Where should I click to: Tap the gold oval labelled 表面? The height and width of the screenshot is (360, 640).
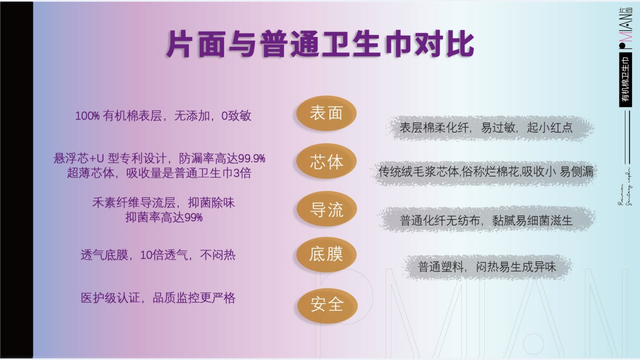[x=326, y=113]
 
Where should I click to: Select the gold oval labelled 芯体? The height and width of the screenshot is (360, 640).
[x=326, y=162]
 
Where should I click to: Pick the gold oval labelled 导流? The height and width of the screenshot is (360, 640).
[x=326, y=209]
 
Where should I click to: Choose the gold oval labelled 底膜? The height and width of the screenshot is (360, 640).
[x=326, y=254]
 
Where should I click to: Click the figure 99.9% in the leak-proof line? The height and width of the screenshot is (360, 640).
[x=251, y=159]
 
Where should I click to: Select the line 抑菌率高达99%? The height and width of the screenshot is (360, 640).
[x=163, y=217]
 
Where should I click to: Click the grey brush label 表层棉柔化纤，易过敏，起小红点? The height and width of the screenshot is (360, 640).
[x=486, y=128]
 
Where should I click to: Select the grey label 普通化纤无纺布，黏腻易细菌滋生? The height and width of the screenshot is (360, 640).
[x=486, y=220]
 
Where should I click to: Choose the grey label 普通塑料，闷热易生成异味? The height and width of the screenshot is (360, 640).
[x=486, y=267]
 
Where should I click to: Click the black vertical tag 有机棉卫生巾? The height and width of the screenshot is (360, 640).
[x=625, y=80]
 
